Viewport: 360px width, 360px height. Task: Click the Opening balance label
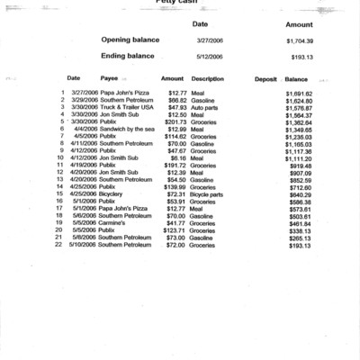pyautogui.click(x=136, y=40)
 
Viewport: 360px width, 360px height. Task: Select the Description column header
pyautogui.click(x=208, y=79)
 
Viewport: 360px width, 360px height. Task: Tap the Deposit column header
pyautogui.click(x=265, y=79)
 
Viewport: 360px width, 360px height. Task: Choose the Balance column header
pyautogui.click(x=296, y=79)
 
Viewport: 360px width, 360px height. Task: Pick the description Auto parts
pyautogui.click(x=205, y=107)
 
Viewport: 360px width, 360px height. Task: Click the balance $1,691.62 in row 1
pyautogui.click(x=297, y=93)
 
